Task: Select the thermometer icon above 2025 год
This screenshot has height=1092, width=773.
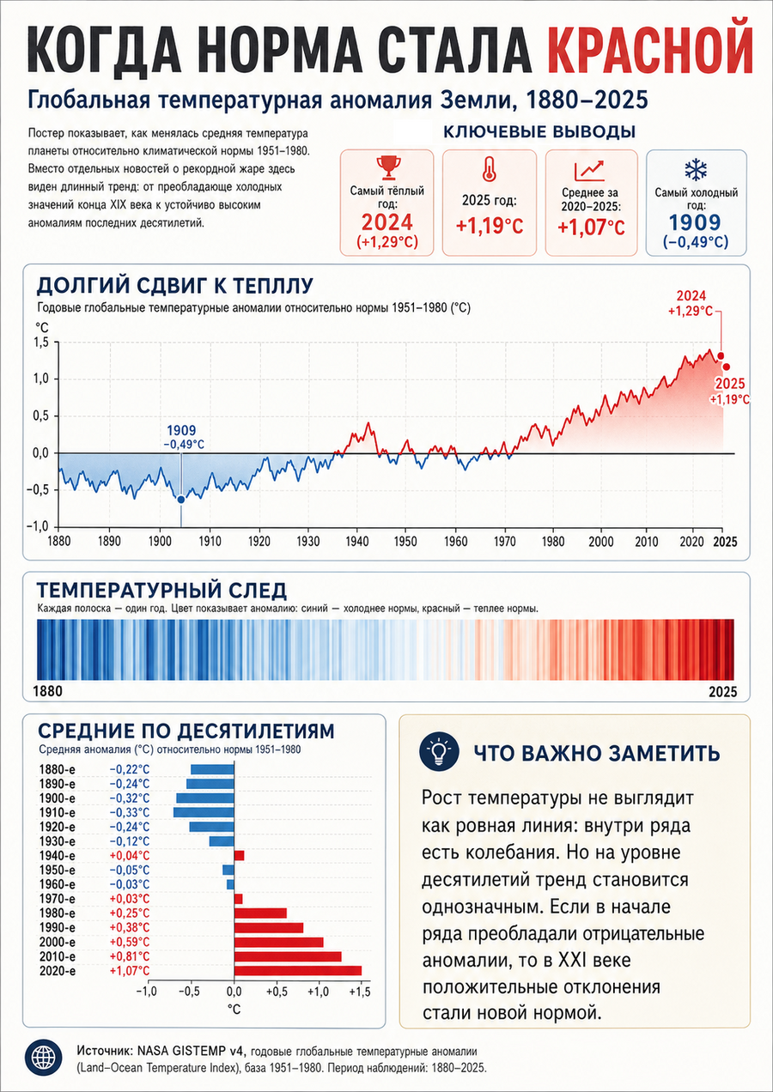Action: tap(489, 170)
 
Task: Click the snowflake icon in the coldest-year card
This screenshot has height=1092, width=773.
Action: tap(696, 170)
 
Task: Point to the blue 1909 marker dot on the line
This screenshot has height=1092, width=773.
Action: tap(181, 499)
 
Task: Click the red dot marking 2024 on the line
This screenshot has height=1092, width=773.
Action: tap(721, 356)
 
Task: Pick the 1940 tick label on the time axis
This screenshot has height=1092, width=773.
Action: tap(357, 542)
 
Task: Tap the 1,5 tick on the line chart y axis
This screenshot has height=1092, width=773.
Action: tap(41, 343)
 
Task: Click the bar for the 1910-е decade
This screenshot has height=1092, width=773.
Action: tap(204, 813)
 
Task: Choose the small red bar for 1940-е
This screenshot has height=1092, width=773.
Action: tap(239, 856)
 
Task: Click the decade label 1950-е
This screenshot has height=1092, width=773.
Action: tap(57, 871)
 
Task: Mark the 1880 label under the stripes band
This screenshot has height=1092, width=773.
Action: tap(48, 691)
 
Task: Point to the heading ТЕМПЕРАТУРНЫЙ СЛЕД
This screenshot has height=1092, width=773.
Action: tap(161, 591)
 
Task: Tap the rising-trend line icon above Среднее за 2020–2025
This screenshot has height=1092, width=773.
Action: tap(589, 170)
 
